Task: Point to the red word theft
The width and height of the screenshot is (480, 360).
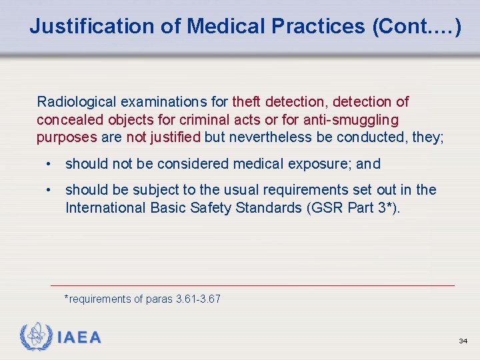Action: [x=247, y=102]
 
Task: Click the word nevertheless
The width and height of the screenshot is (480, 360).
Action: [x=262, y=138]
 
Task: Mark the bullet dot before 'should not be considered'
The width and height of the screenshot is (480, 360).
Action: [x=49, y=164]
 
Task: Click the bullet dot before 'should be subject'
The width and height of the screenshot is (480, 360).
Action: [x=49, y=190]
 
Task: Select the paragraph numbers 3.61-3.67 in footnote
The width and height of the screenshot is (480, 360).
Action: [x=198, y=299]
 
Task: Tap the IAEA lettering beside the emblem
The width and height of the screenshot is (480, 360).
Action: [x=79, y=338]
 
